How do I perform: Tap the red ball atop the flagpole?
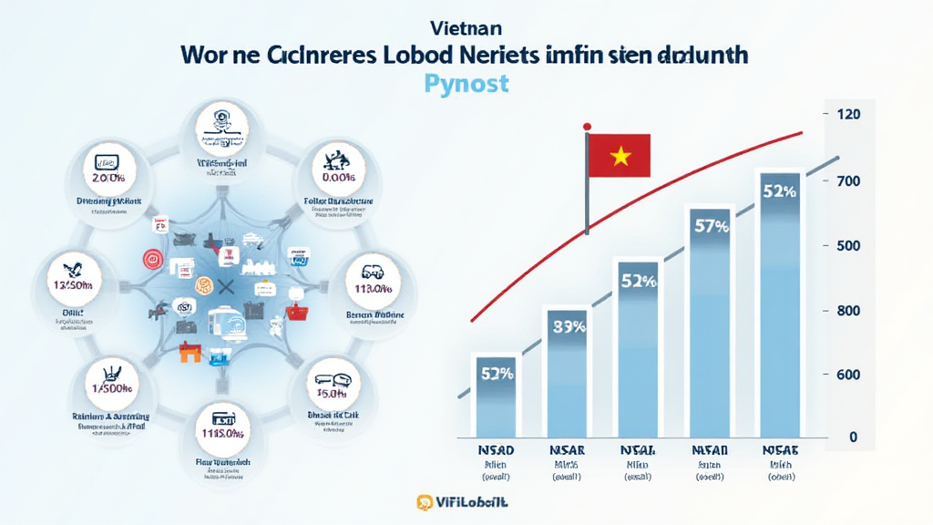(x=588, y=126)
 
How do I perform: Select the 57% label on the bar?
(x=711, y=227)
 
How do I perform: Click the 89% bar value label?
(x=569, y=326)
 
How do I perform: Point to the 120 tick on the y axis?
(x=846, y=115)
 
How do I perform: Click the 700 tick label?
(x=846, y=180)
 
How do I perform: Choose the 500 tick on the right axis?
(x=846, y=245)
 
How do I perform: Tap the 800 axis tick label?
(x=846, y=310)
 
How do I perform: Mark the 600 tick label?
(x=846, y=374)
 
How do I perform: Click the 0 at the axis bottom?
(x=853, y=437)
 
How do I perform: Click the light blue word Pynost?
(x=466, y=84)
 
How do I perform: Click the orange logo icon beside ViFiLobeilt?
(x=424, y=502)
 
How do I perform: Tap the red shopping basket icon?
(x=297, y=313)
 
